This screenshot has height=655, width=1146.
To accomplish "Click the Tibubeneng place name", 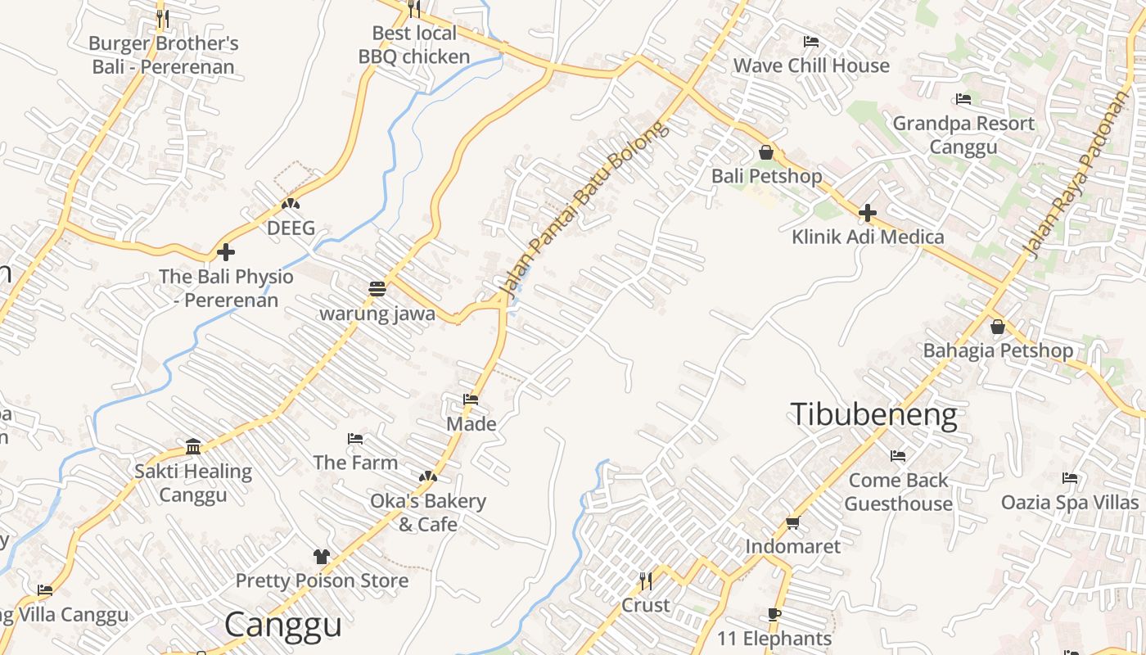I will pyautogui.click(x=873, y=415).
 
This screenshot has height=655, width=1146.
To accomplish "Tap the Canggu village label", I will pyautogui.click(x=282, y=625).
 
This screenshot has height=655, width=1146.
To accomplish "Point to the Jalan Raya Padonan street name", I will pyautogui.click(x=1076, y=174).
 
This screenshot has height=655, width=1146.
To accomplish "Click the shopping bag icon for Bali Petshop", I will pyautogui.click(x=766, y=152).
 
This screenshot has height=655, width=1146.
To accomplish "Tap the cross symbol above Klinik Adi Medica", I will pyautogui.click(x=868, y=214).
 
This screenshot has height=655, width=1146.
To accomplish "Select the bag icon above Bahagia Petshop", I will pyautogui.click(x=997, y=327).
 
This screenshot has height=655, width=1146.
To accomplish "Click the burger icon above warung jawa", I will pyautogui.click(x=377, y=289).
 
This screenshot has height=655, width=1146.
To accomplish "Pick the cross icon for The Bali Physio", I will pyautogui.click(x=226, y=252).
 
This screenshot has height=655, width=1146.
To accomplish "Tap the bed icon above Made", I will pyautogui.click(x=471, y=400).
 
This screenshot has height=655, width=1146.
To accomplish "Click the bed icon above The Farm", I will pyautogui.click(x=355, y=439).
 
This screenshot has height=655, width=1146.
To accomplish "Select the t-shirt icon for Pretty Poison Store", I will pyautogui.click(x=322, y=557).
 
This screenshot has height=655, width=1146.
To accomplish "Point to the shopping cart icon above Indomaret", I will pyautogui.click(x=792, y=522).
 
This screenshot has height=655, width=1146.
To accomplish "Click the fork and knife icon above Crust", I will pyautogui.click(x=646, y=580).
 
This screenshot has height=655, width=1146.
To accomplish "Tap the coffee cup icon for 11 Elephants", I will pyautogui.click(x=774, y=614).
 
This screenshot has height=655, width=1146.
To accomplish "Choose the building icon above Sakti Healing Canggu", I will pyautogui.click(x=193, y=446).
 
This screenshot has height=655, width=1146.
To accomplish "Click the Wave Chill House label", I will pyautogui.click(x=810, y=65).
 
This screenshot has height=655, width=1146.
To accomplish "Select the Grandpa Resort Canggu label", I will pyautogui.click(x=963, y=135).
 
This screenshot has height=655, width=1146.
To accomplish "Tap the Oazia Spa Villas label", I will pyautogui.click(x=1069, y=502).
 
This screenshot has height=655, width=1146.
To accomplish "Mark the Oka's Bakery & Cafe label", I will pyautogui.click(x=428, y=513).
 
